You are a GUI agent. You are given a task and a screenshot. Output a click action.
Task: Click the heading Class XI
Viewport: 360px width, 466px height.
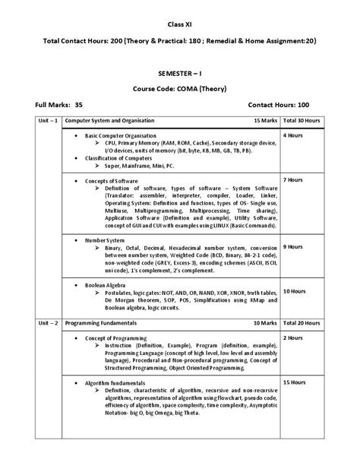(178, 25)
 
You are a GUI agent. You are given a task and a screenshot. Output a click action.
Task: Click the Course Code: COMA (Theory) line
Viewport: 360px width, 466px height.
(179, 88)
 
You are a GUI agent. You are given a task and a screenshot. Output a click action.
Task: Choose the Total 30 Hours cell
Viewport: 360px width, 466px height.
(302, 121)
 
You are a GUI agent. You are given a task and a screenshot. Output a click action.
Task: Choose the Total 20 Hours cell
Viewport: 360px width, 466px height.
(302, 323)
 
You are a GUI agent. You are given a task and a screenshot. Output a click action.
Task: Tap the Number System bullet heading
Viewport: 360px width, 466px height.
(106, 239)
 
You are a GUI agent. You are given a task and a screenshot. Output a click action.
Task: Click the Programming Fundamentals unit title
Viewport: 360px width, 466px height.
(102, 323)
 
